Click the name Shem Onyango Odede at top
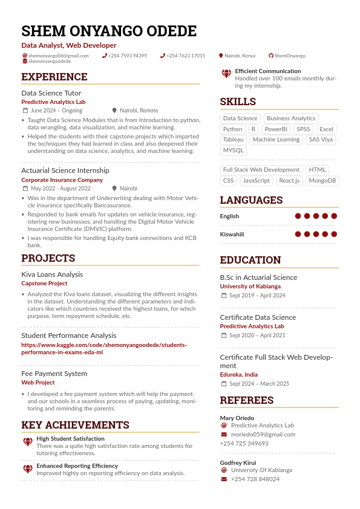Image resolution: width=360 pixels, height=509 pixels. pyautogui.click(x=109, y=31)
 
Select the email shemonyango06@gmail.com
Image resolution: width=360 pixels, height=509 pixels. pyautogui.click(x=58, y=56)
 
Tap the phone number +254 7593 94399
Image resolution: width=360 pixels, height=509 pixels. pyautogui.click(x=128, y=56)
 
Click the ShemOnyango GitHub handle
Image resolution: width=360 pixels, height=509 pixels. pyautogui.click(x=290, y=56)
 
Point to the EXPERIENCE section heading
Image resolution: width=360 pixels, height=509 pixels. pyautogui.click(x=54, y=77)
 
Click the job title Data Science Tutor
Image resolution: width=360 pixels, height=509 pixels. pyautogui.click(x=51, y=93)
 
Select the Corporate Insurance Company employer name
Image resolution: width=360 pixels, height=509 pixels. pyautogui.click(x=62, y=180)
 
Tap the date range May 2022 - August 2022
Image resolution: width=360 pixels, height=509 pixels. pyautogui.click(x=61, y=189)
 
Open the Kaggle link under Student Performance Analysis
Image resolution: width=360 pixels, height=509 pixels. pyautogui.click(x=104, y=348)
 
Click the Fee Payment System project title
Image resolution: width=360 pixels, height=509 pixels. pyautogui.click(x=54, y=374)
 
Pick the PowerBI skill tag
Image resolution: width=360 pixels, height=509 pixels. pyautogui.click(x=276, y=129)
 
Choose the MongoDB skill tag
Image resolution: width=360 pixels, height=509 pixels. pyautogui.click(x=322, y=181)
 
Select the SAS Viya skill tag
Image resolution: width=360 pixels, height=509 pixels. pyautogui.click(x=321, y=140)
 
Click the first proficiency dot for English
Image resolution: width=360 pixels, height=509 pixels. pyautogui.click(x=298, y=216)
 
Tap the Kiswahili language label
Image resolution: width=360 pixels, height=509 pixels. pyautogui.click(x=232, y=234)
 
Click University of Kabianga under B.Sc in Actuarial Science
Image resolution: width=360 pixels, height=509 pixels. pyautogui.click(x=250, y=287)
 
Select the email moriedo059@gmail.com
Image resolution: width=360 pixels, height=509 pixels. pyautogui.click(x=263, y=435)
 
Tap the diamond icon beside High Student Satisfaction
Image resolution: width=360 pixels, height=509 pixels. pyautogui.click(x=28, y=442)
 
